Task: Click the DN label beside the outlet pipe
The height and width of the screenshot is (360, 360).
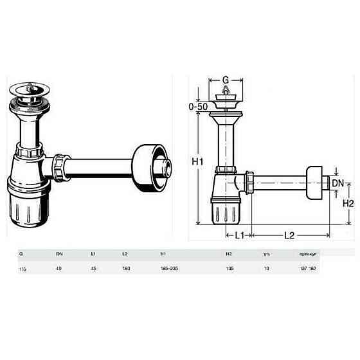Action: [336, 183]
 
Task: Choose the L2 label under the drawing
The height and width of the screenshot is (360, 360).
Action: [289, 235]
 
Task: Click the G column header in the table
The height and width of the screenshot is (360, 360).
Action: [21, 253]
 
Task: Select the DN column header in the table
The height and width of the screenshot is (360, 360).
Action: [60, 253]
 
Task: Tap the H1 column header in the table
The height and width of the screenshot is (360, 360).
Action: [162, 253]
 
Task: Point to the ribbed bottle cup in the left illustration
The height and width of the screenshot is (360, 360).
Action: [27, 205]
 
